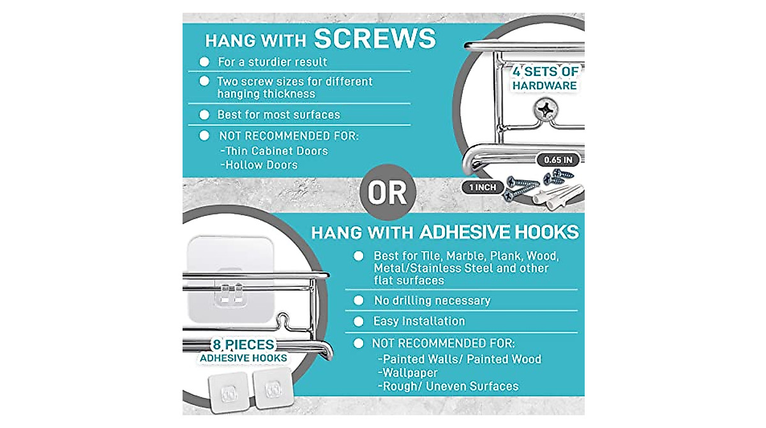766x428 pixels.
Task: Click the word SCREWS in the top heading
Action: coord(375,39)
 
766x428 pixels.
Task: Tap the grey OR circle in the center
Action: coord(387,192)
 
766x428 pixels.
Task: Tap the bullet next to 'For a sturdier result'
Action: coord(204,62)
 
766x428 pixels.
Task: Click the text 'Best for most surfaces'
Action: coord(278,115)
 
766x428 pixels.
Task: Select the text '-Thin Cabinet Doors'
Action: coord(273,151)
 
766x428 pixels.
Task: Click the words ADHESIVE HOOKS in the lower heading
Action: coord(499,232)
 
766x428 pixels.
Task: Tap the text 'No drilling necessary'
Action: coord(432,300)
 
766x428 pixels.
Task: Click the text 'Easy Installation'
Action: coord(419,321)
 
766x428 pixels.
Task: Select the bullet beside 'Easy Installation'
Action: coord(359,321)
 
